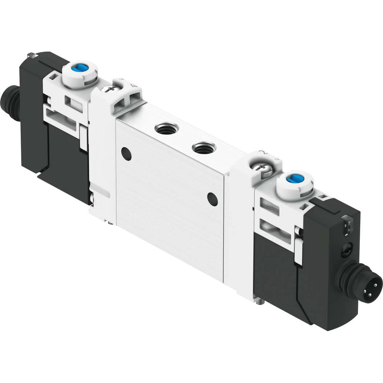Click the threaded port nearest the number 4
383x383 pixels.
tap(166, 128)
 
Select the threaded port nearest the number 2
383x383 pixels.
tap(204, 148)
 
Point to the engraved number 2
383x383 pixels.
tap(264, 153)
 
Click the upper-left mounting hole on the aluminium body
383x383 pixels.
tap(126, 154)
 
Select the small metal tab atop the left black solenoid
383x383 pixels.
tap(32, 55)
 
